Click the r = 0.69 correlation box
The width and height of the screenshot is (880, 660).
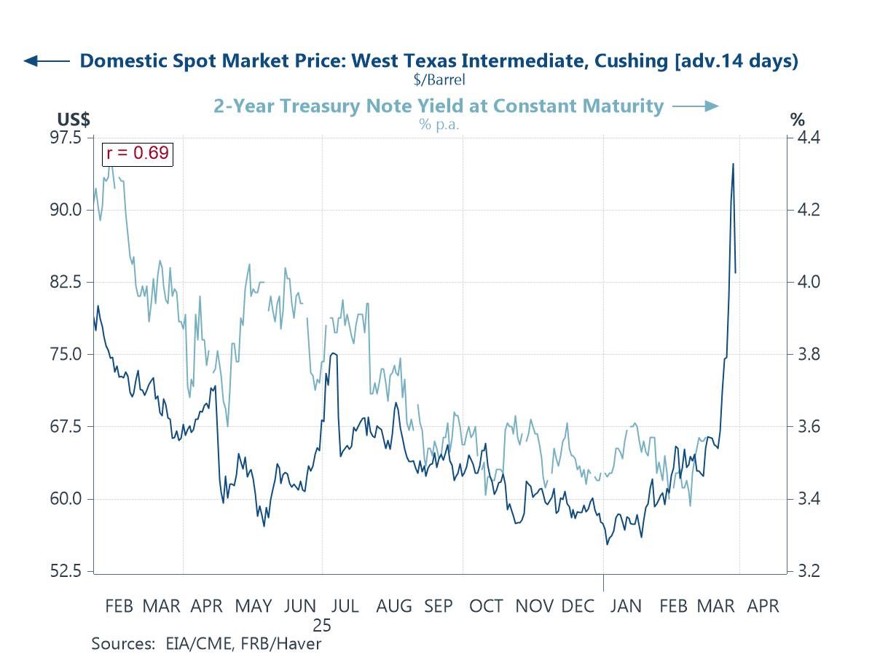tap(137, 154)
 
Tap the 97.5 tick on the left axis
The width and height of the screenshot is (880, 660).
tap(68, 138)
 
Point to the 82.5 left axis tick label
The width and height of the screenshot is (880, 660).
tap(68, 282)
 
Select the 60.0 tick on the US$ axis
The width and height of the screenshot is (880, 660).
tap(68, 499)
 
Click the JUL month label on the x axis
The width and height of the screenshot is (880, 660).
tap(344, 606)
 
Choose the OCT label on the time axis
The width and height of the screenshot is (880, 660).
tap(486, 606)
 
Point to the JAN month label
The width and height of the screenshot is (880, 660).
tap(625, 606)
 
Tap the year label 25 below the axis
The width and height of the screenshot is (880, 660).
tap(322, 625)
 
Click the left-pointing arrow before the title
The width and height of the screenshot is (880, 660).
tap(47, 61)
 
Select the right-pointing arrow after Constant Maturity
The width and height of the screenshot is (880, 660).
tap(695, 106)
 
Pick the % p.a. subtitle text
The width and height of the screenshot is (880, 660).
tap(439, 124)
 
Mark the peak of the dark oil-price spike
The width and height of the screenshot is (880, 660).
tap(733, 164)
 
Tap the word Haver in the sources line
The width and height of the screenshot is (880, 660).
tap(302, 644)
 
